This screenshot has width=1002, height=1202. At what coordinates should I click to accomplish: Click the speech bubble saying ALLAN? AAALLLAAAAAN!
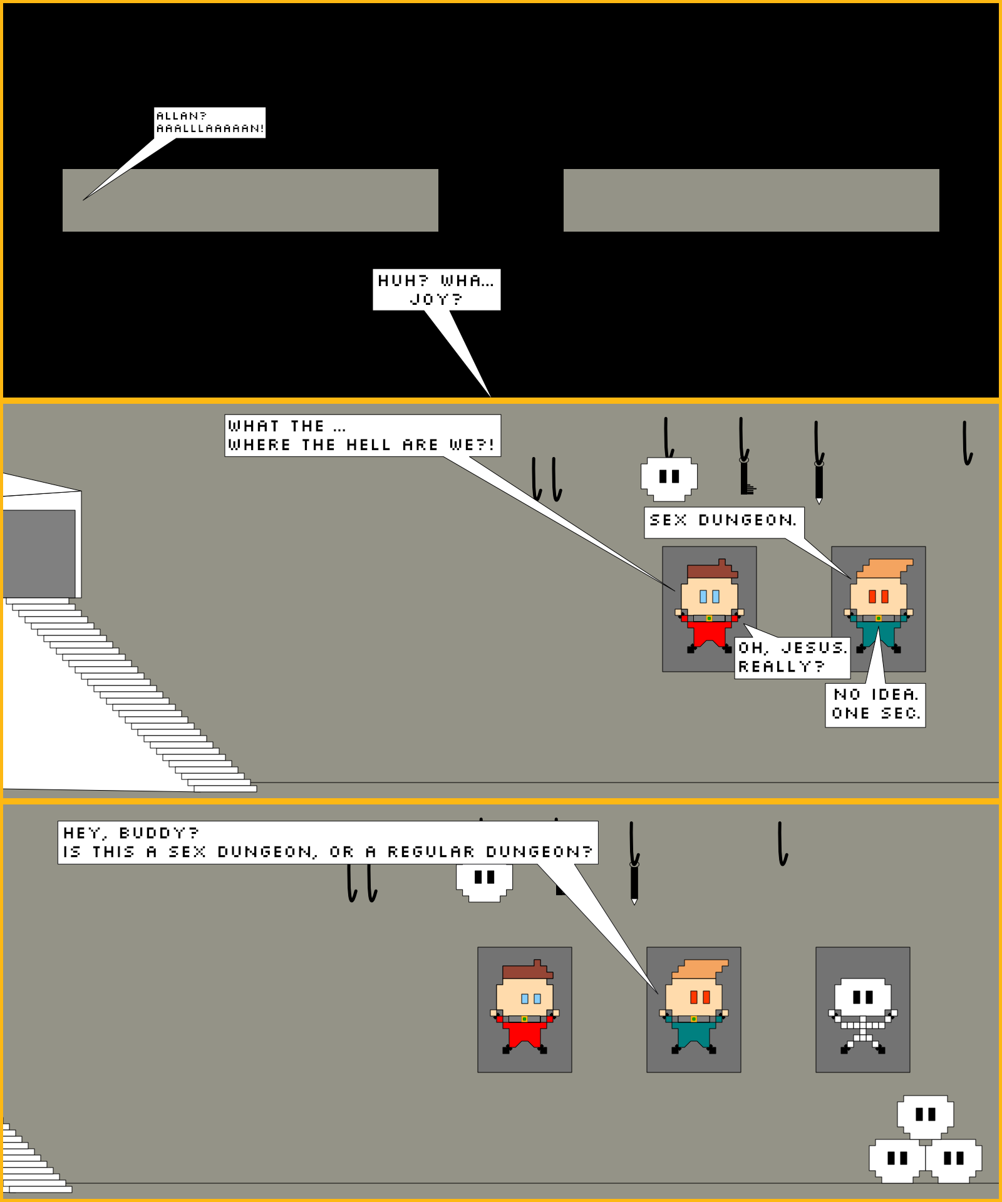[210, 123]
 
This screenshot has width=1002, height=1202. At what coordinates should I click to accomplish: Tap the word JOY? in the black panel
[436, 299]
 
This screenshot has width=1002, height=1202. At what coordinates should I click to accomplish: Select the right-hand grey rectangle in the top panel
[751, 200]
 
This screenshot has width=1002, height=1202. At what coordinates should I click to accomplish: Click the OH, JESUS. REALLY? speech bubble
[792, 657]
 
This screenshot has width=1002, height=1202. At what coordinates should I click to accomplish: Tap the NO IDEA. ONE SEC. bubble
[875, 705]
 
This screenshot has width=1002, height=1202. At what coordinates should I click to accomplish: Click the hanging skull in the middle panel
[669, 479]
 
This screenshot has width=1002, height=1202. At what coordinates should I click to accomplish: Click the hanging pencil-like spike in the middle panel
[819, 482]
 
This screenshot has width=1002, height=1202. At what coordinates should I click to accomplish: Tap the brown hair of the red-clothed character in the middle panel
[711, 570]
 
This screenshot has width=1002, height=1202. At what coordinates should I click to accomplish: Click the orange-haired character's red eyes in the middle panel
[878, 597]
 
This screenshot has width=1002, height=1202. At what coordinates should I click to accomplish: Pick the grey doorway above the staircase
[39, 553]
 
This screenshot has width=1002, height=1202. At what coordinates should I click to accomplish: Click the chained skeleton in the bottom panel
[862, 1015]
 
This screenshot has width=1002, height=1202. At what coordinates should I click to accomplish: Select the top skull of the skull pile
[925, 1116]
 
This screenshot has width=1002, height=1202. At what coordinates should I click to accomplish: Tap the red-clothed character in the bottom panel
[525, 1008]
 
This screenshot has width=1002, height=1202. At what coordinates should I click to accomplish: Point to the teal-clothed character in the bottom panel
[694, 1008]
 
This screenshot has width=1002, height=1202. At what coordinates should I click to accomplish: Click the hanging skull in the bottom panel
[484, 881]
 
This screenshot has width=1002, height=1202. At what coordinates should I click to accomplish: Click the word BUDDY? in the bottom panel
[158, 833]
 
